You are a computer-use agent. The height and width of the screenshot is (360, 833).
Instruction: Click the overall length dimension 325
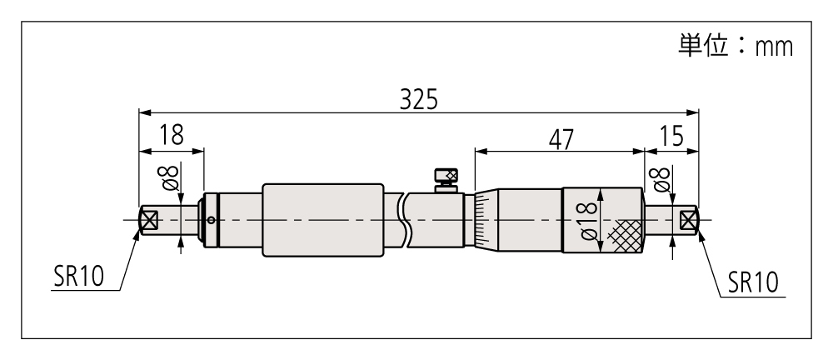(419, 99)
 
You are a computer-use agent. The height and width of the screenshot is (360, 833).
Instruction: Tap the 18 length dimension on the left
(172, 135)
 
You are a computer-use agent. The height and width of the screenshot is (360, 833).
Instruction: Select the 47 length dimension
(561, 139)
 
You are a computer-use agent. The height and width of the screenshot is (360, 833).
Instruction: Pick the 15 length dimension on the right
(671, 137)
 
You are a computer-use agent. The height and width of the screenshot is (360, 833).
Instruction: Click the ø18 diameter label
(587, 220)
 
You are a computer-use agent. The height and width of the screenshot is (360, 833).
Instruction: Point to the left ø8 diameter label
(170, 177)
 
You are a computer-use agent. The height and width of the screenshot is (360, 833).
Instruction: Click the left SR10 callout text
(78, 277)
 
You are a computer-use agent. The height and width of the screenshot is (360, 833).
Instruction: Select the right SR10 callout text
(753, 282)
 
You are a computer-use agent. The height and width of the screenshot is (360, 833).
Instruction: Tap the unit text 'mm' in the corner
(774, 47)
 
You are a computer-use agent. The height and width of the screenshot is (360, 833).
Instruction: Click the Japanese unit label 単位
(702, 46)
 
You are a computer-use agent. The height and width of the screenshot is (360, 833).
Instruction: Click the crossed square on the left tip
(150, 220)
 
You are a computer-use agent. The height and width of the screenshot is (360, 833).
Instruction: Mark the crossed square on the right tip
(688, 220)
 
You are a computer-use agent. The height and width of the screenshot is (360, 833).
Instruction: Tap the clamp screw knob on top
(446, 176)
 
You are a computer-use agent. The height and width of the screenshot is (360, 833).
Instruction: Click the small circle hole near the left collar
(212, 220)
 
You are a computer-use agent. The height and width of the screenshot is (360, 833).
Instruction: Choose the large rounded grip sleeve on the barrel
(323, 220)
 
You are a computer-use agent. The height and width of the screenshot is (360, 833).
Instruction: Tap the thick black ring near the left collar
(217, 220)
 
